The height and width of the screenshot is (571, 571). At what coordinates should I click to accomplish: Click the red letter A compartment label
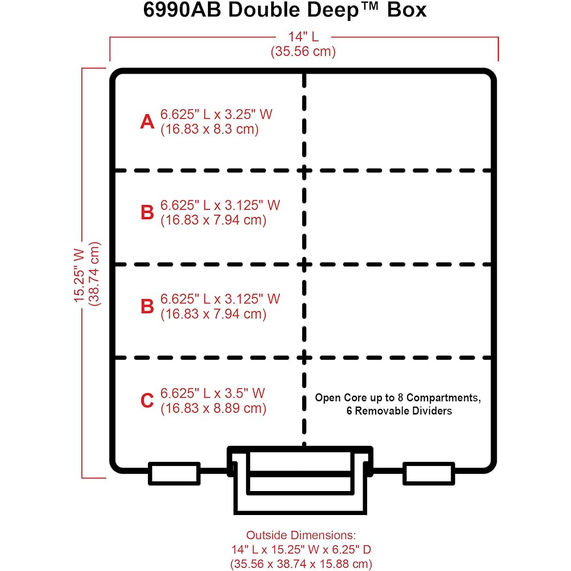147,121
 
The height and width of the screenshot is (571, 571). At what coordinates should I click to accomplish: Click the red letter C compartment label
147,401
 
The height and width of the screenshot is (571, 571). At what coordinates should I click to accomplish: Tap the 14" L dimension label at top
303,37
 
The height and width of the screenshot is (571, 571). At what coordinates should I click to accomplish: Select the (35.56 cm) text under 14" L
303,51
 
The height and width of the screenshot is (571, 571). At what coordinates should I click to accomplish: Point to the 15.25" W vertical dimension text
79,275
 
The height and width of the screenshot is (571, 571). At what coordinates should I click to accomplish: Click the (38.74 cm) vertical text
94,274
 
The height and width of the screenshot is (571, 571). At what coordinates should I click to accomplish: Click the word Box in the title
407,10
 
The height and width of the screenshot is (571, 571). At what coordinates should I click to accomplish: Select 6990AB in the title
182,10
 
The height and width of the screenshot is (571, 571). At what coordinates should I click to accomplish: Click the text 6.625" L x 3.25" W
216,114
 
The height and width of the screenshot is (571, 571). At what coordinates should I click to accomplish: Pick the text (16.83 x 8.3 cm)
210,129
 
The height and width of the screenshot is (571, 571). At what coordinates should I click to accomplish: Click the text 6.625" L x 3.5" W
212,393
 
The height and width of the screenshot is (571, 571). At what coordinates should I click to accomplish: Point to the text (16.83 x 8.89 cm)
214,408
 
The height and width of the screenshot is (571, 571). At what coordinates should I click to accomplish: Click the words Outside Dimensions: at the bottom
301,535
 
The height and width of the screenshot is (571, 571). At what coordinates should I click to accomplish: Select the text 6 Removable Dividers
399,411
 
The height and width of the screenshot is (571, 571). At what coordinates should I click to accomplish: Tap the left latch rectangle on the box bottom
174,473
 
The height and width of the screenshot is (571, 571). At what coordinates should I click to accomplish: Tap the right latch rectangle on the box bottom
429,473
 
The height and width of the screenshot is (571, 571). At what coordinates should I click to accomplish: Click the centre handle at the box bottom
300,480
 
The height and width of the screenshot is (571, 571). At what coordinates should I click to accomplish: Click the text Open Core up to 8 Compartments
397,397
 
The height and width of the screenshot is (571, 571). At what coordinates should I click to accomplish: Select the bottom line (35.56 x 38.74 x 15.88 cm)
301,564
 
